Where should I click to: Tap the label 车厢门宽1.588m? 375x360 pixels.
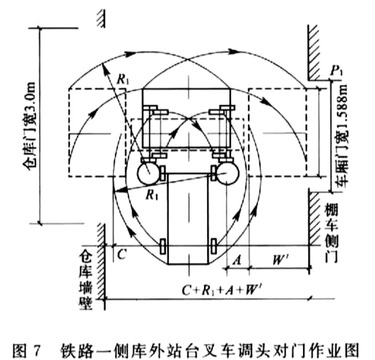[x=343, y=137]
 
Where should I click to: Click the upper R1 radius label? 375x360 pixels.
[x=123, y=79]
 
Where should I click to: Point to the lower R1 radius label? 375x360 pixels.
[x=152, y=195]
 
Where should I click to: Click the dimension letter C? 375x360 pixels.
[x=122, y=254]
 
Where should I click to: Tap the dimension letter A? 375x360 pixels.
[x=237, y=260]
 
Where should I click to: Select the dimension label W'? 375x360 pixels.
[x=278, y=260]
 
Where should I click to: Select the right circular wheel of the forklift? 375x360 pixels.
[x=228, y=173]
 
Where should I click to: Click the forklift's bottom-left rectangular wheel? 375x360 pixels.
[x=163, y=246]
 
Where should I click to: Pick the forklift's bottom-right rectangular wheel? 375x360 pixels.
[x=214, y=246]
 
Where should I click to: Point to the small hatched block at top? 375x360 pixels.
[x=100, y=18]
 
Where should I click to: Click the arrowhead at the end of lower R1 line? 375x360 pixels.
[x=119, y=190]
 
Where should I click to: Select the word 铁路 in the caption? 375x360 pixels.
[x=76, y=350]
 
